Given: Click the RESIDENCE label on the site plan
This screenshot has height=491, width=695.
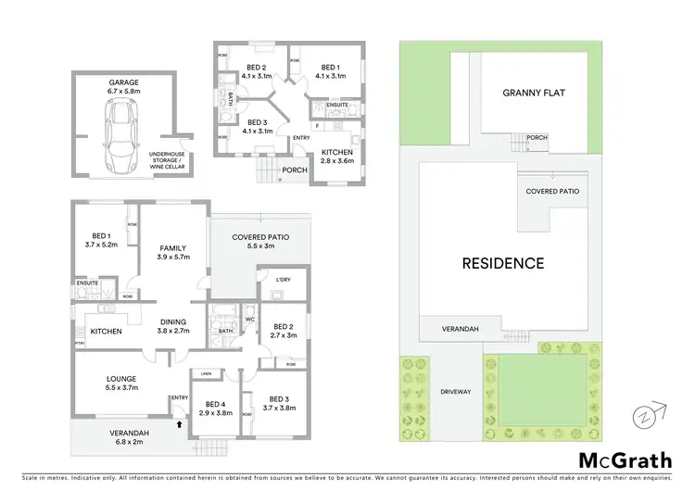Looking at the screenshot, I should (503, 263).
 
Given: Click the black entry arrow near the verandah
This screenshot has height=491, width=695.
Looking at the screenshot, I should (179, 425).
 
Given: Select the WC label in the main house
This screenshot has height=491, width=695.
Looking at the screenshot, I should (250, 321).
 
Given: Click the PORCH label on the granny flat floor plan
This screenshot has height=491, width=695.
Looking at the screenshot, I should (295, 170).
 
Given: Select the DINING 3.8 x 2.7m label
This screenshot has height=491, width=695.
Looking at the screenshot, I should (172, 326).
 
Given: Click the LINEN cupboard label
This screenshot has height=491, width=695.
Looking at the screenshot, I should (205, 373).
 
